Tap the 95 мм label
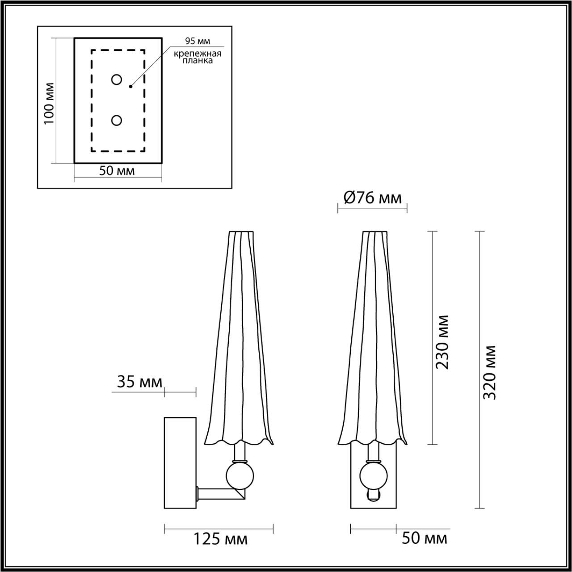198,42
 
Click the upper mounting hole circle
117,80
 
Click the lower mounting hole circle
117,120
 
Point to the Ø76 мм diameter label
372,198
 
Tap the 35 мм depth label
139,382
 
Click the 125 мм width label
220,539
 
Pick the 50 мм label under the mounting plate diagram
117,171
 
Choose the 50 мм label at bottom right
424,538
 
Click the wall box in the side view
181,463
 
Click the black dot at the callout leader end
130,86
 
